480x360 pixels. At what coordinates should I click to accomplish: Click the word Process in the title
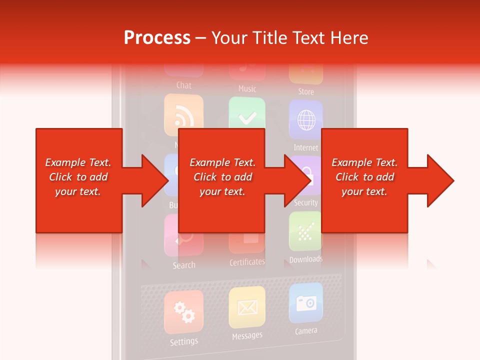click(157, 37)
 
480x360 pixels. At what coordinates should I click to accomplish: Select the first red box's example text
click(78, 177)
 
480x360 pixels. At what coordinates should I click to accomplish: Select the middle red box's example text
click(222, 177)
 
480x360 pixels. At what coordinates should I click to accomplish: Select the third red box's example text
click(364, 177)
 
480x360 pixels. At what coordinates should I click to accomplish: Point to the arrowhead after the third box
click(440, 180)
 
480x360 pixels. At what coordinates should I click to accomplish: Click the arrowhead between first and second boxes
click(155, 180)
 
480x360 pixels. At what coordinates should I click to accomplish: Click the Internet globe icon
click(306, 120)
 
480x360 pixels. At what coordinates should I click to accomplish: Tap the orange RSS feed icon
click(183, 116)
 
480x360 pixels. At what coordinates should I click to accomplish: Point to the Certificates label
click(247, 262)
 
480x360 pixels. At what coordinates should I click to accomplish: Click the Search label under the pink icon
click(184, 265)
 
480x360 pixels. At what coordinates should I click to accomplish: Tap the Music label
click(247, 89)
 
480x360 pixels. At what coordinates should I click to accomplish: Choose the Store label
click(306, 91)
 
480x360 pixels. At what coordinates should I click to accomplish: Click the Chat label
click(184, 85)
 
